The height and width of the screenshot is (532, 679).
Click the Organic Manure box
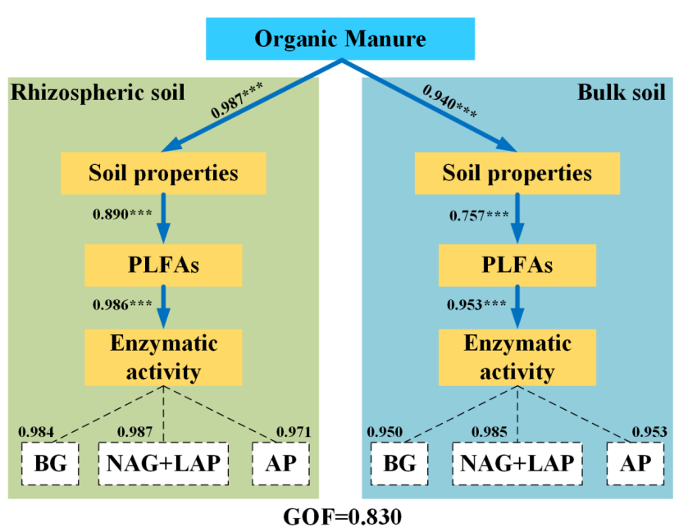click(x=340, y=39)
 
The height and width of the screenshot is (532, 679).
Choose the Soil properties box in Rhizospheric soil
click(x=163, y=173)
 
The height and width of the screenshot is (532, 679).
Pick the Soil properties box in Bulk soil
click(x=517, y=173)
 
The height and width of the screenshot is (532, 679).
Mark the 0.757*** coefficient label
click(x=480, y=216)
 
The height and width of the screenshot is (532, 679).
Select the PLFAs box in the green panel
click(x=163, y=265)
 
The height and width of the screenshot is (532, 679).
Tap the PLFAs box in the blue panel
click(x=517, y=265)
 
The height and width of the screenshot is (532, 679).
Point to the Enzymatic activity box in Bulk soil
click(x=517, y=357)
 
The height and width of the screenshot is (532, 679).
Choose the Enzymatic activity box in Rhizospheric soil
click(x=163, y=357)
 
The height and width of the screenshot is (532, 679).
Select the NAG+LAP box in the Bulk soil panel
click(x=516, y=463)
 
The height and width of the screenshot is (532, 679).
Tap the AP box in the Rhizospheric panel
click(x=281, y=463)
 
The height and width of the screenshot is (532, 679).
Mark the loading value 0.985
click(x=493, y=431)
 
